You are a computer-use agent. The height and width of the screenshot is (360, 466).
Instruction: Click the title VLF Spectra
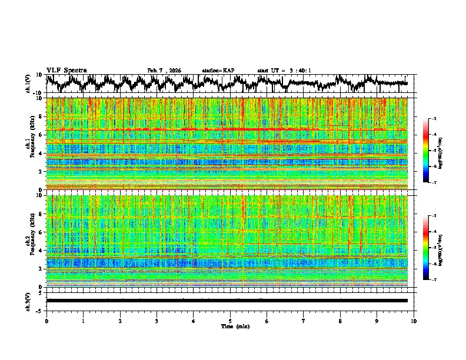[66, 70]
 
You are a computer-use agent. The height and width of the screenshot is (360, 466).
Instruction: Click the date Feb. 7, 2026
[164, 71]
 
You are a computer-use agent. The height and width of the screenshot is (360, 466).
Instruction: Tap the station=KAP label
[218, 71]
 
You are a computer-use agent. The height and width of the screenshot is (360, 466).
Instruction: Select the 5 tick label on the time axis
[230, 321]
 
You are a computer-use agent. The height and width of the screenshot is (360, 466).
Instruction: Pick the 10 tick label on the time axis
[414, 321]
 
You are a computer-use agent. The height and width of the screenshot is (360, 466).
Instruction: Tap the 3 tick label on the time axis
[157, 321]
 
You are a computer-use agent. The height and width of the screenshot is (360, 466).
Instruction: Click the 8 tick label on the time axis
[340, 321]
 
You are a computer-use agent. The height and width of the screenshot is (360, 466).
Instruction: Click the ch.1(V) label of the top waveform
[29, 84]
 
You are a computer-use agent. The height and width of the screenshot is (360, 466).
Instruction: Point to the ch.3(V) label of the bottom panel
[29, 300]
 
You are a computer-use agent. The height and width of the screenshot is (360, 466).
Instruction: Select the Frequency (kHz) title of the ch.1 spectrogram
[35, 144]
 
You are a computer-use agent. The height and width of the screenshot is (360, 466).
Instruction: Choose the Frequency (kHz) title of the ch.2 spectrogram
[35, 241]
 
